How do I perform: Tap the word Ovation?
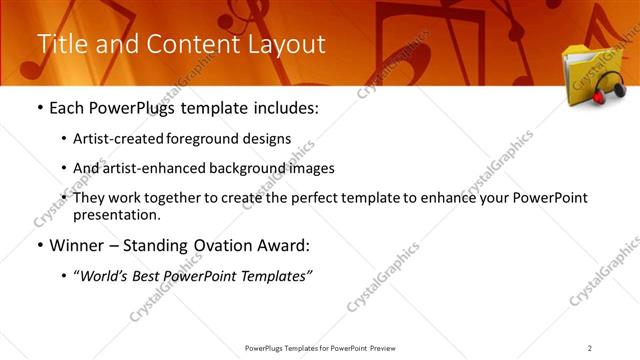click(x=232, y=245)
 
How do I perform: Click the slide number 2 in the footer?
click(x=590, y=348)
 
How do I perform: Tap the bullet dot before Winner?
click(x=39, y=245)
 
